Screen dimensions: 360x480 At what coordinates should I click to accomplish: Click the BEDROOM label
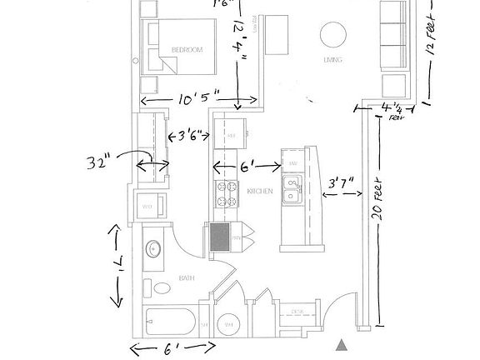[187, 50]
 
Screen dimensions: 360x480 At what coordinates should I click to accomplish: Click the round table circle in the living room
[332, 34]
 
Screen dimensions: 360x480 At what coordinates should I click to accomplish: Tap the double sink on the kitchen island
[292, 190]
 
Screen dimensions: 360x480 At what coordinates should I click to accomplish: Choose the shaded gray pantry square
[219, 239]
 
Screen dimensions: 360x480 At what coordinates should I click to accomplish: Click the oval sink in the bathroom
[153, 248]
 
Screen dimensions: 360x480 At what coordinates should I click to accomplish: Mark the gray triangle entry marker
[340, 344]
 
